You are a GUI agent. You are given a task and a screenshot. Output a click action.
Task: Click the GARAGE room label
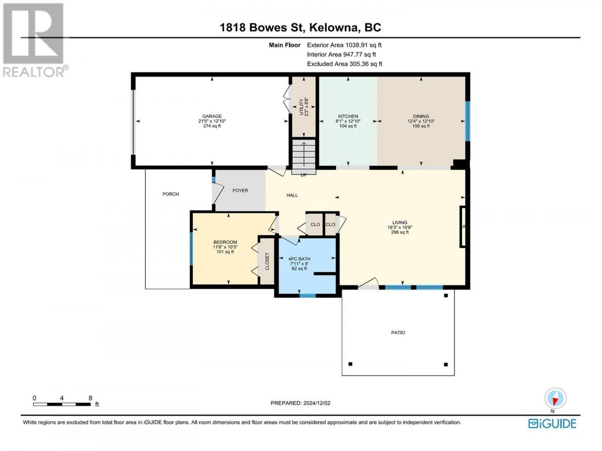pos(212,116)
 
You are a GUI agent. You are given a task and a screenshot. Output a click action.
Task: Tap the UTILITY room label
pos(301,107)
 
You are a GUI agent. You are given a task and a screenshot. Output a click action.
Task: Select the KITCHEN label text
pos(348,116)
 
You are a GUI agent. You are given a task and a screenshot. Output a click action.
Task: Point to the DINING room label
pos(421,116)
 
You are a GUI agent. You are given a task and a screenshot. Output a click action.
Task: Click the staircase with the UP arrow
pos(304,156)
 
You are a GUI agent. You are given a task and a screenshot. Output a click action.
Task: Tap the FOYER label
pos(240,190)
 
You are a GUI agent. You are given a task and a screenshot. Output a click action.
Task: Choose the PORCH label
pos(171,194)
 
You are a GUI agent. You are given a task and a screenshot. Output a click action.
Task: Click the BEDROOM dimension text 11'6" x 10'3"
pos(225,247)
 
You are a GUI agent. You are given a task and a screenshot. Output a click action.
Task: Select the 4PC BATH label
pos(299,259)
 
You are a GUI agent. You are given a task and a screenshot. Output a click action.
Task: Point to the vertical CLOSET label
pos(267,261)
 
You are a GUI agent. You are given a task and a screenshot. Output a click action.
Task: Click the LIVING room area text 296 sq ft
pos(400,232)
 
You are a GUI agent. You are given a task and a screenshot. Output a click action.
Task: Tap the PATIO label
pos(398,333)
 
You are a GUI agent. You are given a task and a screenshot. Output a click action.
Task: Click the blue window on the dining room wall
pos(467,121)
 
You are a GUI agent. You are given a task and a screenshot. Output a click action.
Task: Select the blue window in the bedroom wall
pos(191,249)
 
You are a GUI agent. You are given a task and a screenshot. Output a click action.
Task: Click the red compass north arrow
pos(555,401)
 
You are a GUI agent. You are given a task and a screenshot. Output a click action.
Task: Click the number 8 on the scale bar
pos(90,398)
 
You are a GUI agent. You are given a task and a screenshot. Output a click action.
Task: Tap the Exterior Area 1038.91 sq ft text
pos(344,45)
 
